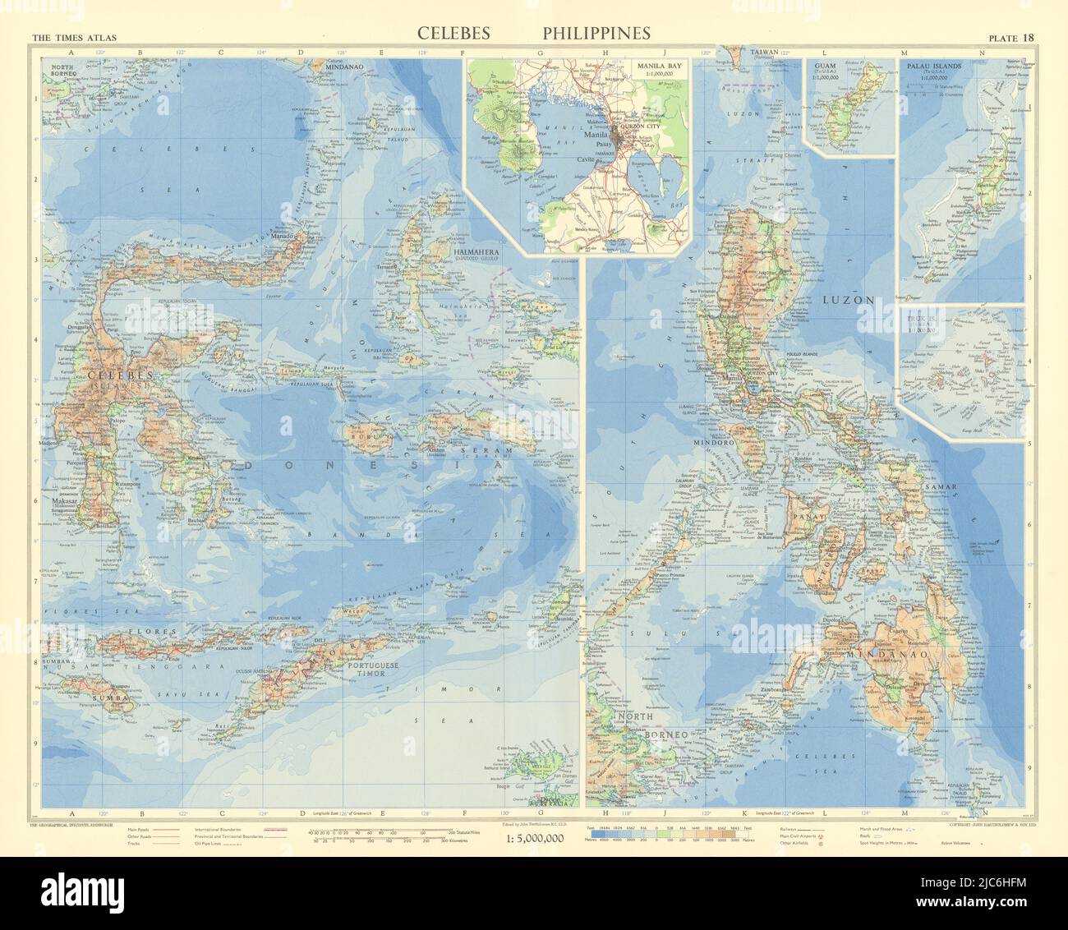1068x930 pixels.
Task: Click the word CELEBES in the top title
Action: [453, 33]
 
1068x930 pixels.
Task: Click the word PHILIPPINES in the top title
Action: [596, 33]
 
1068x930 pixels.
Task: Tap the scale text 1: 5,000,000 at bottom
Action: [533, 838]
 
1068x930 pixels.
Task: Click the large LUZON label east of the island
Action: [847, 301]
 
